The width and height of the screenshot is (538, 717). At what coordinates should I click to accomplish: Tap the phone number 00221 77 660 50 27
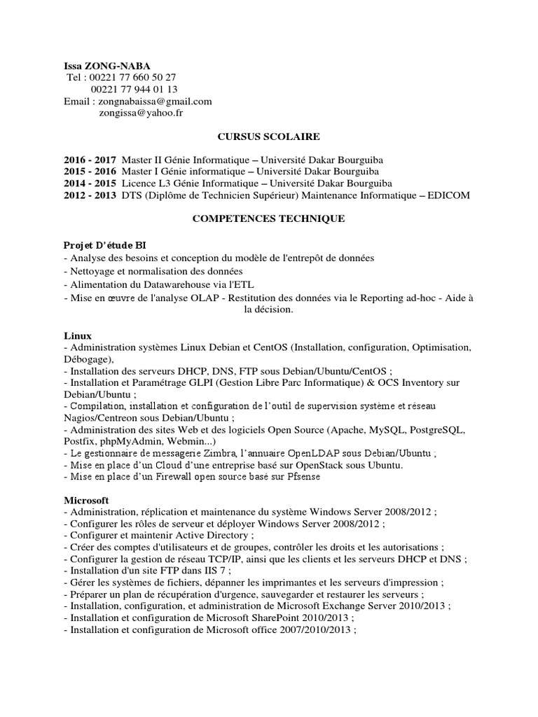(x=134, y=78)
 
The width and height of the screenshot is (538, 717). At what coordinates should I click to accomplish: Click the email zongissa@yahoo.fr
(x=144, y=112)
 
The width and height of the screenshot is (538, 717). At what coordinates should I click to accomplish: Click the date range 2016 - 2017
(x=90, y=160)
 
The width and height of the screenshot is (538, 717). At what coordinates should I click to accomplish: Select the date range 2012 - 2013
(x=90, y=195)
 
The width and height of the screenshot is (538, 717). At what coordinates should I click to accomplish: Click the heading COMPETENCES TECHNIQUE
(x=269, y=219)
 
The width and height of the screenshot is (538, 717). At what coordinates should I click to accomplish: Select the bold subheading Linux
(x=78, y=336)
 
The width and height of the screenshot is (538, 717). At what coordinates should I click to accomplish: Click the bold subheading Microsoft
(x=86, y=501)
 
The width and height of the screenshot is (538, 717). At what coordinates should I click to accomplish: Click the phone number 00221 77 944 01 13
(x=134, y=89)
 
